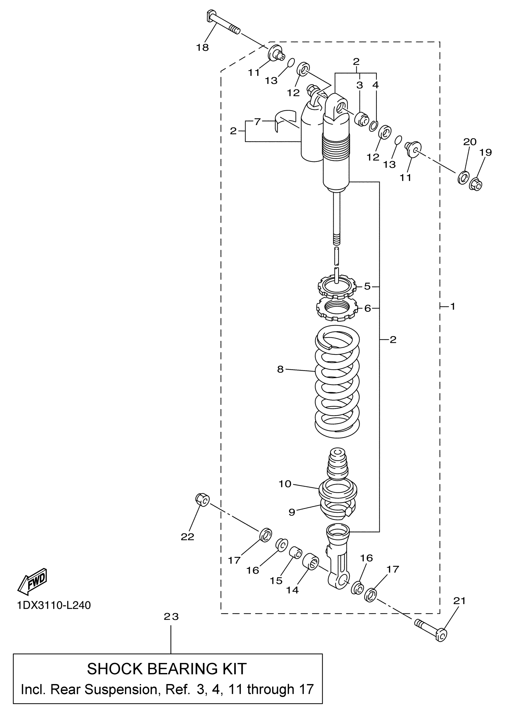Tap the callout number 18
(x=202, y=48)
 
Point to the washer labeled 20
(x=463, y=177)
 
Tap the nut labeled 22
(x=202, y=500)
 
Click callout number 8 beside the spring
(x=280, y=369)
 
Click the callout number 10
(x=285, y=484)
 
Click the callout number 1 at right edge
(x=453, y=306)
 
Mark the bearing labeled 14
(x=310, y=562)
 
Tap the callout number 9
(x=292, y=512)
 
